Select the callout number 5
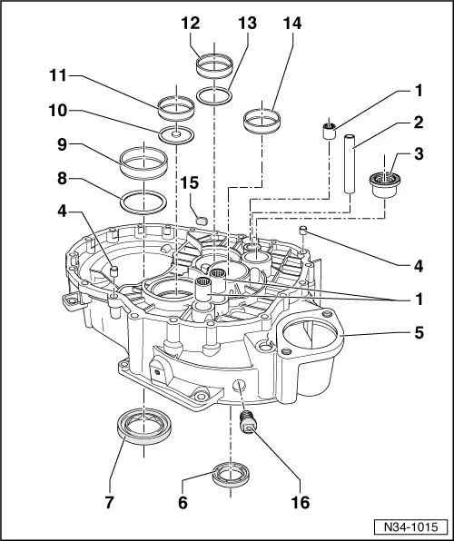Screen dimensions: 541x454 click(x=419, y=332)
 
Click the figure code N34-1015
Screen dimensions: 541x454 click(x=410, y=526)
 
